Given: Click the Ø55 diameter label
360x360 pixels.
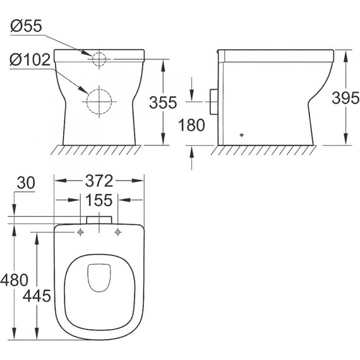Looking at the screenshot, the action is click(26, 26).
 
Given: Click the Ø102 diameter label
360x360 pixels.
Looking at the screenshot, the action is click(30, 60).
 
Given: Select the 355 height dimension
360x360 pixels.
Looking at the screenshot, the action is click(163, 102).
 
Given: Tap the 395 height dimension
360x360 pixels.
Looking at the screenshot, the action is click(345, 98).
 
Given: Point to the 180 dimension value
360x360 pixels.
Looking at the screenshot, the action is click(191, 125).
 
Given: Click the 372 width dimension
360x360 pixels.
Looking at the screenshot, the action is click(99, 181).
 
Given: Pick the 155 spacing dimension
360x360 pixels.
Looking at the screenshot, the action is click(99, 200).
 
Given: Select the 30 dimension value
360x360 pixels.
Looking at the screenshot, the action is click(26, 183).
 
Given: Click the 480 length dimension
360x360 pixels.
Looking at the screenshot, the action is click(15, 280).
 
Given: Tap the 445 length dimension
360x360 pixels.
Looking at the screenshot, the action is click(37, 296).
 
